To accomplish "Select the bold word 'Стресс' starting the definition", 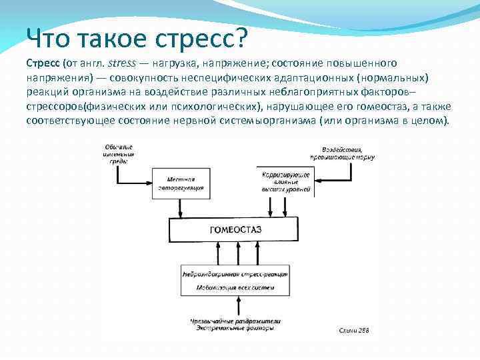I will coord(43,63).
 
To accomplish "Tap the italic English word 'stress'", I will coord(119,63).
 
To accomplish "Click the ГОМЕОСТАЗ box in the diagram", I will coord(235,230).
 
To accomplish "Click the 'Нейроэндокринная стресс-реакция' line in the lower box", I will coord(235,274).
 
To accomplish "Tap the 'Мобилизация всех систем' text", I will coord(235,287).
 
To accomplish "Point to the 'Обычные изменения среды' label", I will coord(119,153).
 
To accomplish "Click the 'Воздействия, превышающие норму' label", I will coord(341,153).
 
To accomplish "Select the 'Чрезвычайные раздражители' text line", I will coord(235,321).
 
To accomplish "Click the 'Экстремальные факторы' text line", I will coord(235,328).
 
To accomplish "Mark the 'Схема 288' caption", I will coord(353,330).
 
